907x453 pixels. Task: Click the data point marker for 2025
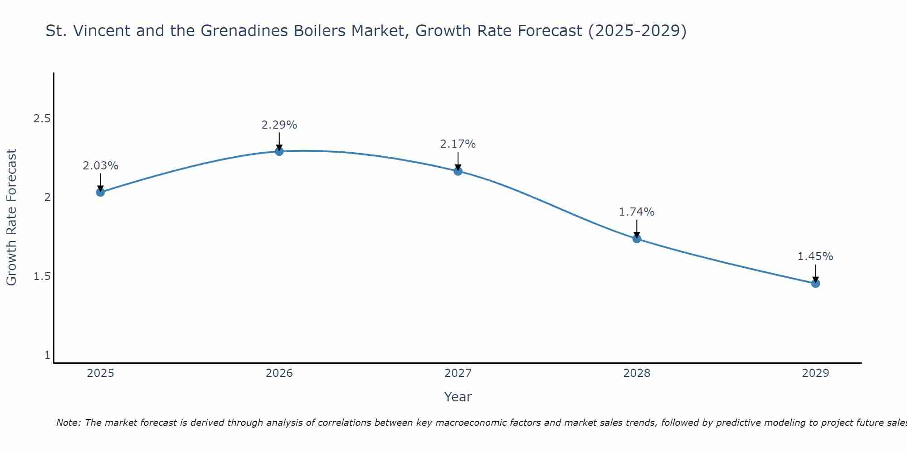tap(100, 192)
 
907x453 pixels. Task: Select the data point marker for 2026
tap(279, 151)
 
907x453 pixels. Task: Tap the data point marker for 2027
tap(458, 171)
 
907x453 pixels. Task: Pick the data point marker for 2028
tap(637, 239)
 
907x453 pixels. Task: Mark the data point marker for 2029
tap(815, 284)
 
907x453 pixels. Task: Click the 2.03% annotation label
tap(100, 166)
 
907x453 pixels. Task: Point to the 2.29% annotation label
tap(279, 125)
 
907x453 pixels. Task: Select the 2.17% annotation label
tap(458, 144)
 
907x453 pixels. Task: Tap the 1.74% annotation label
tap(637, 212)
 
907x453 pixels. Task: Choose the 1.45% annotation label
tap(815, 256)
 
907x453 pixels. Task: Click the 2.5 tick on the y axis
tap(42, 119)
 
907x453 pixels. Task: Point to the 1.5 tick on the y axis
tap(42, 276)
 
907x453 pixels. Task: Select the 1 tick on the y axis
tap(47, 355)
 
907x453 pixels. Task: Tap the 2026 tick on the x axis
tap(279, 373)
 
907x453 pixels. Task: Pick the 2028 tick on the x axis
tap(637, 373)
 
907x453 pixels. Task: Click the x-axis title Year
tap(458, 397)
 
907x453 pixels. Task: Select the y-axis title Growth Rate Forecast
tap(11, 217)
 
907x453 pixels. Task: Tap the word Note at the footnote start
tap(68, 423)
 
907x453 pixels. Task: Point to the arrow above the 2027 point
tap(458, 161)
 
